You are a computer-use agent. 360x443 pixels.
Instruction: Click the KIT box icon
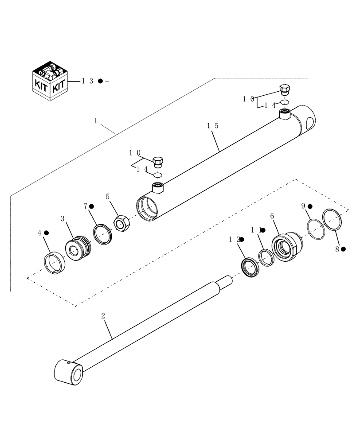[x=51, y=80]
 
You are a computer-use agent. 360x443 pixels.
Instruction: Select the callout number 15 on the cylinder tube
[x=212, y=126]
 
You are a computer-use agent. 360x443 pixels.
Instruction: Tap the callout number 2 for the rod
[x=103, y=316]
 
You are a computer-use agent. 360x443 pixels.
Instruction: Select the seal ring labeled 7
[x=102, y=233]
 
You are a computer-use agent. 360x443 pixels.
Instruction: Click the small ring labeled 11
[x=266, y=258]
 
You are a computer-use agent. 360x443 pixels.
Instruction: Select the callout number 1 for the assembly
[x=96, y=120]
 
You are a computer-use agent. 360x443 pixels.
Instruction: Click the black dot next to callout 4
[x=46, y=233]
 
